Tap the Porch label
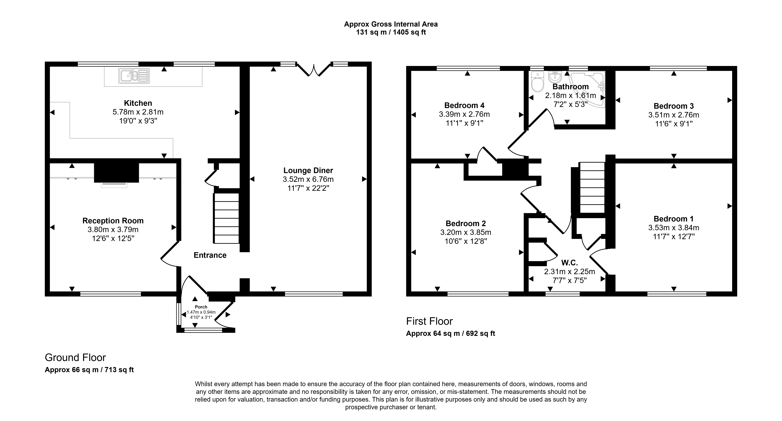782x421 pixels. [x=201, y=307]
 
